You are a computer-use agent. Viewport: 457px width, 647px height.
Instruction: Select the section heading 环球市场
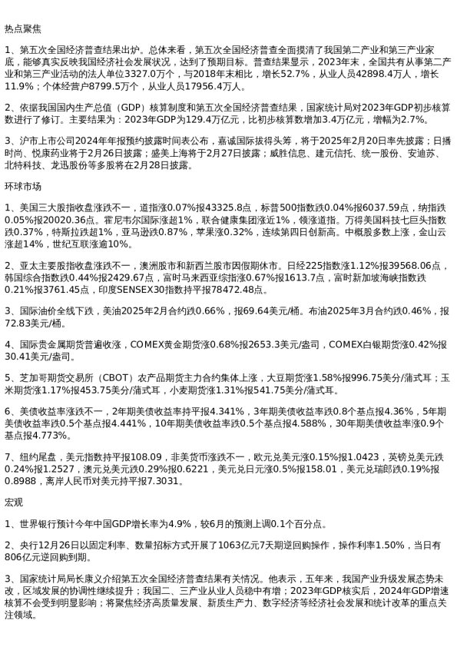pos(21,187)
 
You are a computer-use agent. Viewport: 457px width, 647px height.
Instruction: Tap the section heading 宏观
pos(13,503)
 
